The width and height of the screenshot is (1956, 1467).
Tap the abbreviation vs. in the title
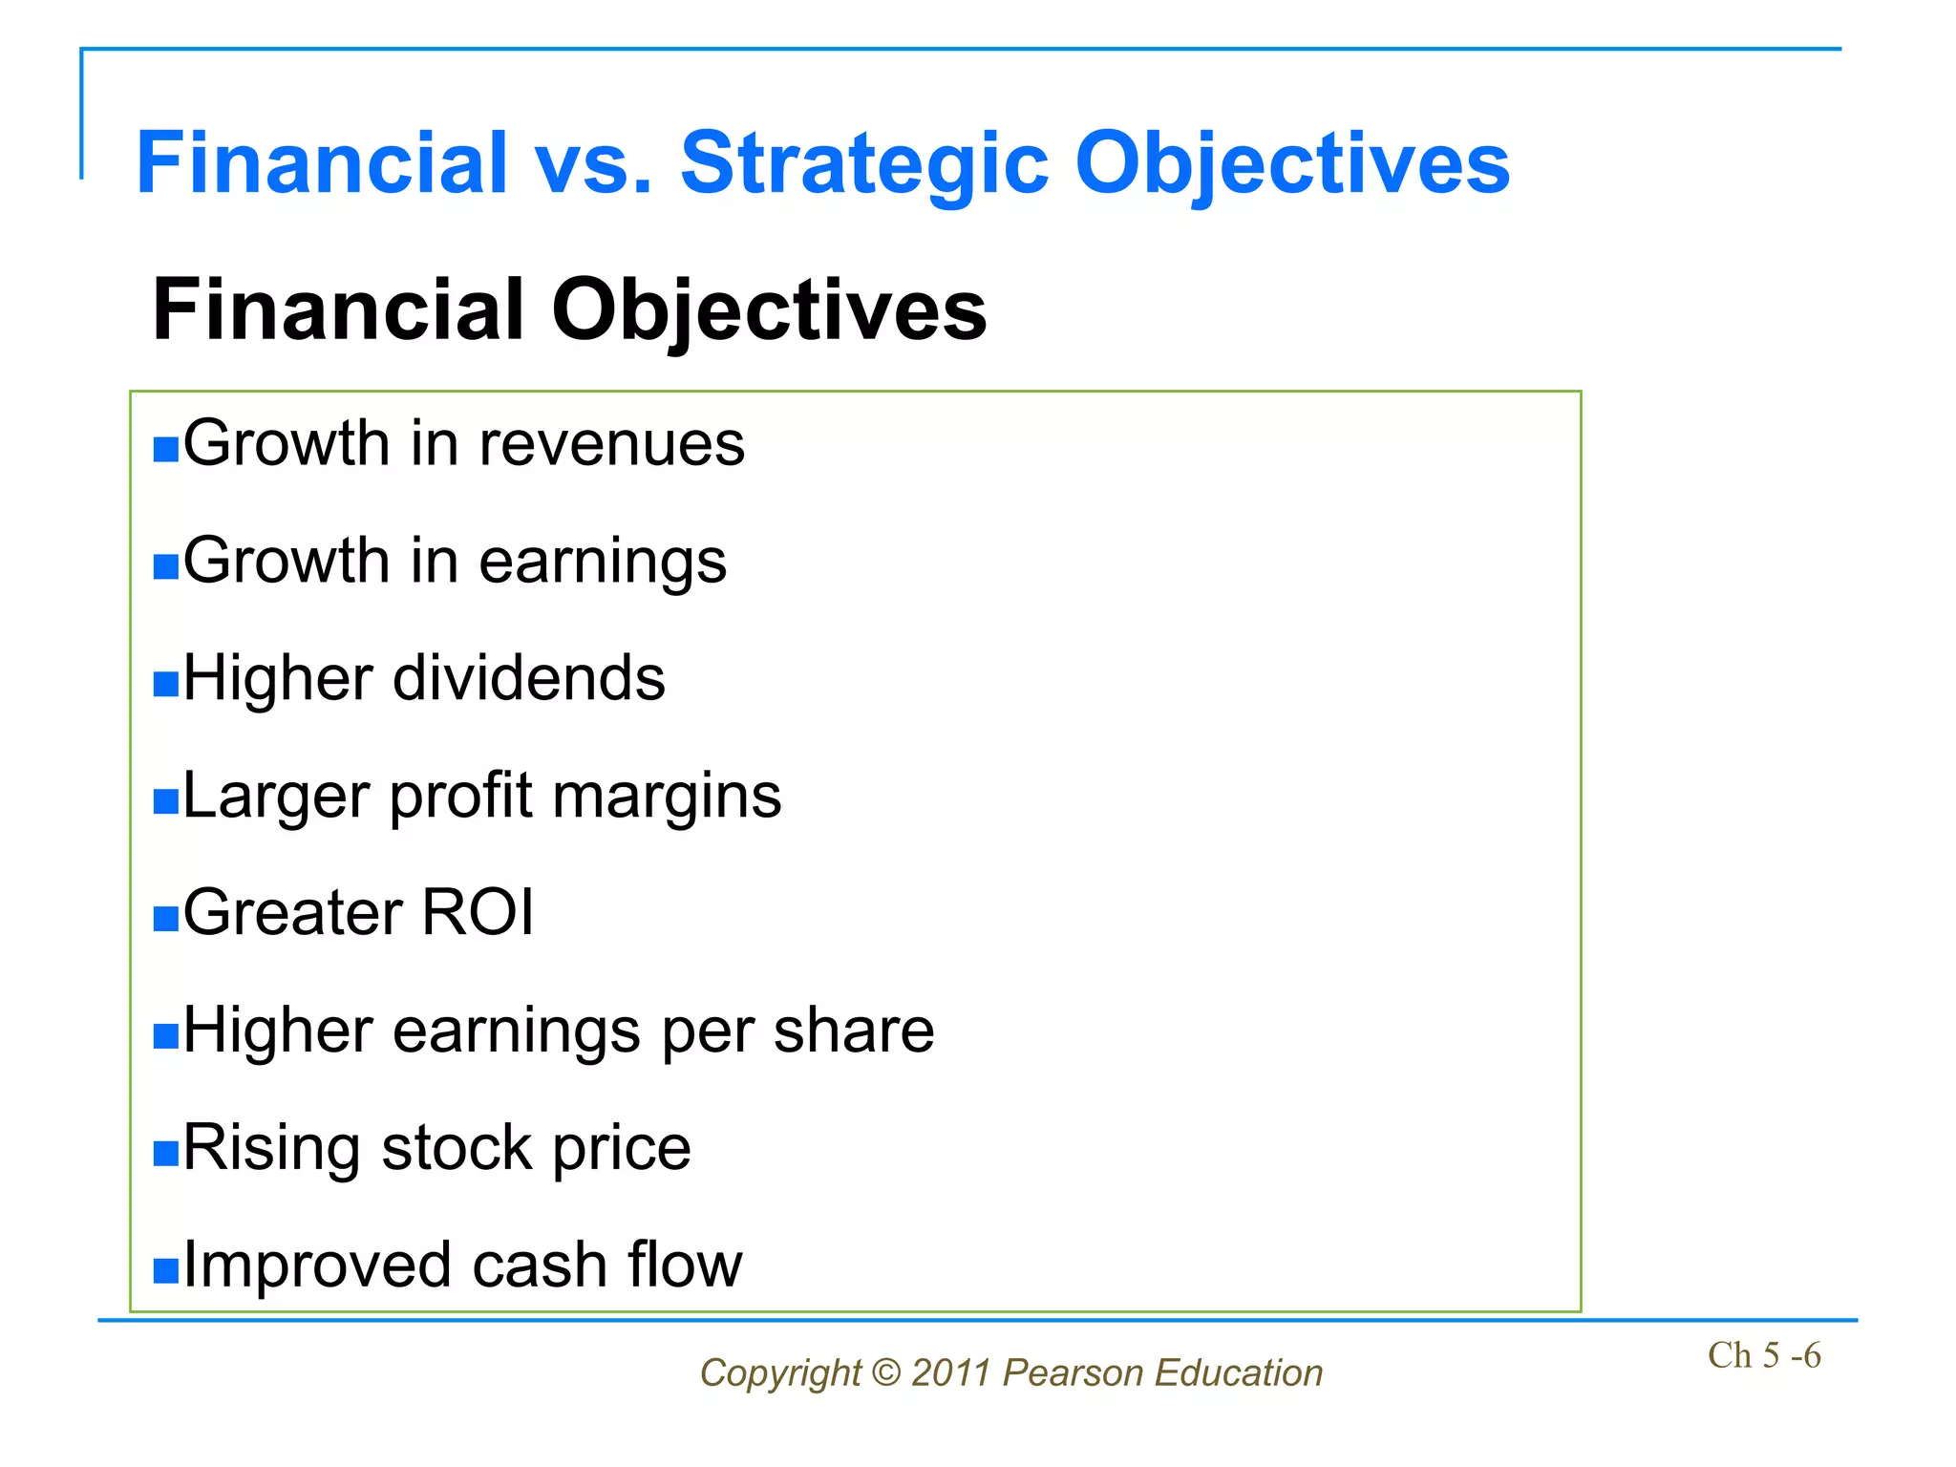593,164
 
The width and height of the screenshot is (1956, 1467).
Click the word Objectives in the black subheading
769,311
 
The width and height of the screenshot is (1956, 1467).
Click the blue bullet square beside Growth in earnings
166,566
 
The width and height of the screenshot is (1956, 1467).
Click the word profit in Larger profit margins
460,796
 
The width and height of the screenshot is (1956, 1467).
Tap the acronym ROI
478,913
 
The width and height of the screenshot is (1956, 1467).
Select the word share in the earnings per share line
853,1031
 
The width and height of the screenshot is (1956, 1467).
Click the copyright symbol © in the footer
886,1373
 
